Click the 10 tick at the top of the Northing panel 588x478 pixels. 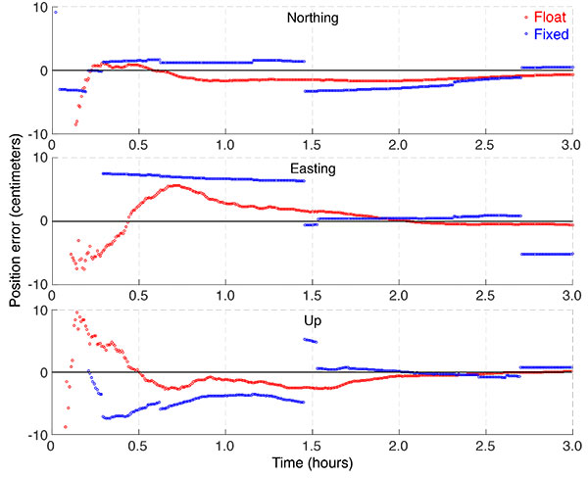click(x=38, y=8)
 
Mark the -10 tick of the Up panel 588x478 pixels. click(x=34, y=435)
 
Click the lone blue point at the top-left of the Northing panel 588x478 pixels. click(x=55, y=12)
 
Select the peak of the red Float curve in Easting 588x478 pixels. click(x=174, y=185)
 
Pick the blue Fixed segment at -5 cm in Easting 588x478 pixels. click(x=547, y=254)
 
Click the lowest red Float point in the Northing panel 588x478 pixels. click(x=75, y=124)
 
